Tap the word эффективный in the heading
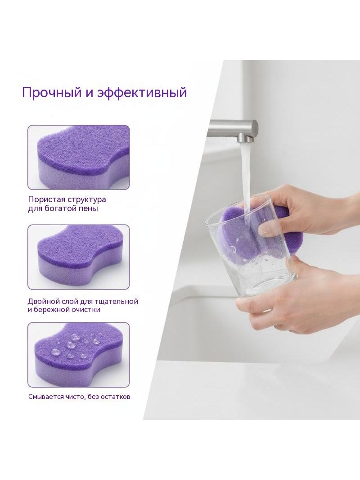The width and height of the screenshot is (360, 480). point(142,92)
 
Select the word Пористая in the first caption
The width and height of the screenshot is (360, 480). point(47,200)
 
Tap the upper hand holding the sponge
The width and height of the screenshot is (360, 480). point(306,211)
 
